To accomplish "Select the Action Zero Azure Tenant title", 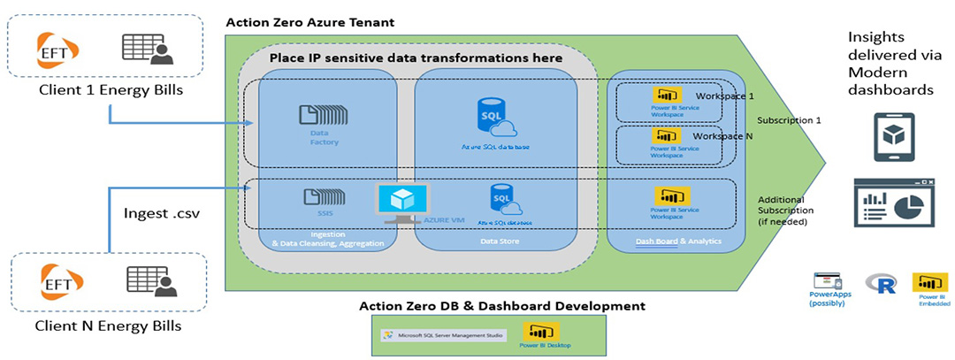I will (310, 21).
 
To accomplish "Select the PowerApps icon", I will (828, 282).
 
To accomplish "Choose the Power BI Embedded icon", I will (928, 283).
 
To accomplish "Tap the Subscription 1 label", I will (787, 120).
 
